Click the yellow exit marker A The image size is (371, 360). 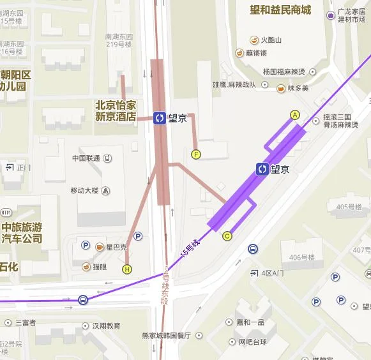point(294,115)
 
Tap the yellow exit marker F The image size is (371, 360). point(196,154)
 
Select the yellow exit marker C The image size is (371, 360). point(227,236)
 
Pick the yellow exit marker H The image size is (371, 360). point(127,269)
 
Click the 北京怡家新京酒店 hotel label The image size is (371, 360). point(116,110)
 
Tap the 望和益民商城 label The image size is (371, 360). point(280,10)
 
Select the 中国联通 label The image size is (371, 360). point(86,158)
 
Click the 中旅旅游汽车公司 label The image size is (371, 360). point(22,233)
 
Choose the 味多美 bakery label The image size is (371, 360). point(298,89)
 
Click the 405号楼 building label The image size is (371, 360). point(349,206)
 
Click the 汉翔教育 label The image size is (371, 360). point(106,326)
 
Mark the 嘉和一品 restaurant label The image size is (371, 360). point(251,323)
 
